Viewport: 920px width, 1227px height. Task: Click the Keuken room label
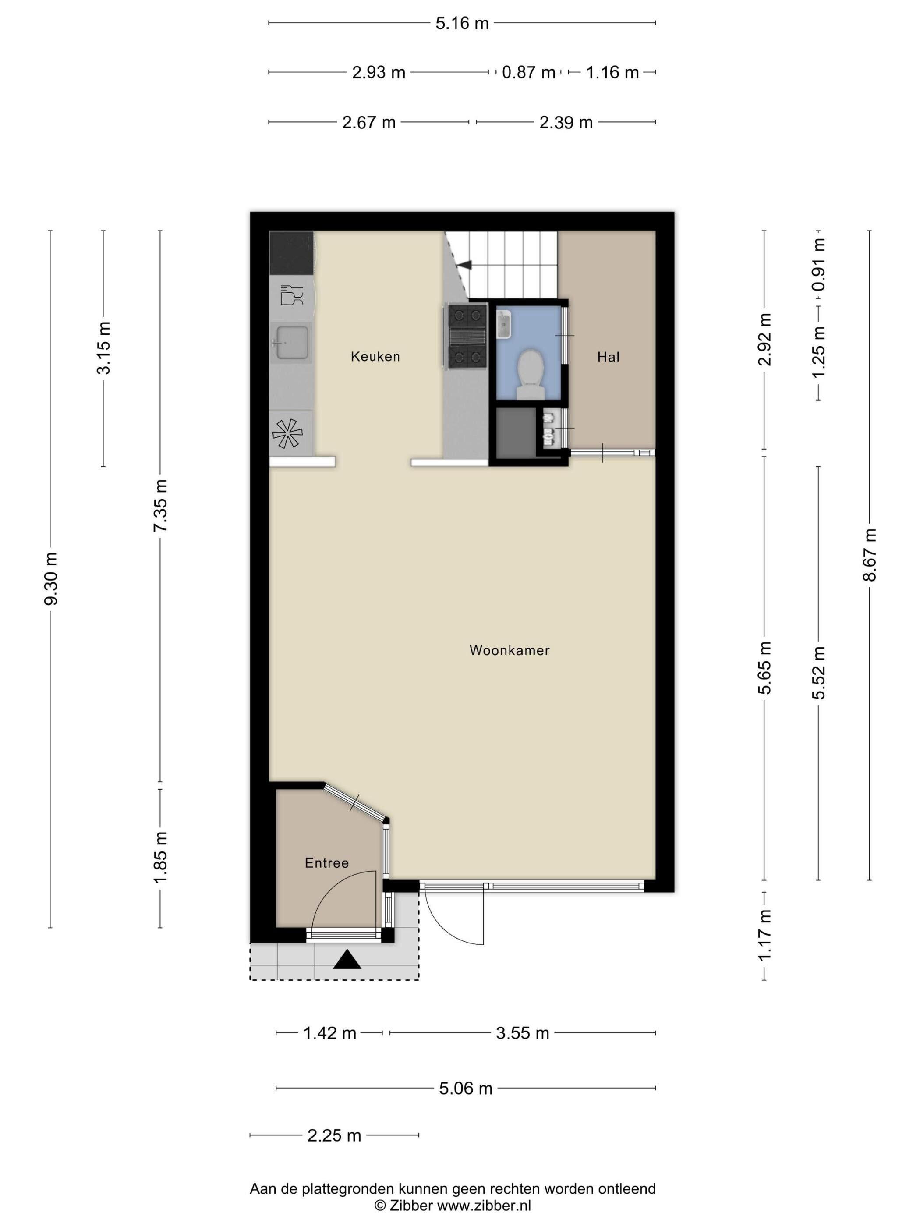pos(375,356)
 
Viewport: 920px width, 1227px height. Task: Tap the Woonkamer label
pos(509,650)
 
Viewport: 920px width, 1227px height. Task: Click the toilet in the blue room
pos(529,374)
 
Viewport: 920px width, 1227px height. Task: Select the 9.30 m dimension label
pos(50,578)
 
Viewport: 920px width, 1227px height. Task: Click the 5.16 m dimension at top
pos(462,23)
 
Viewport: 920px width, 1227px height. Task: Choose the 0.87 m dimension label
pos(528,73)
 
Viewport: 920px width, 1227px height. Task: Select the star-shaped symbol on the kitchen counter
pos(287,433)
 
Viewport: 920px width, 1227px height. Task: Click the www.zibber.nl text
pos(484,1206)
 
